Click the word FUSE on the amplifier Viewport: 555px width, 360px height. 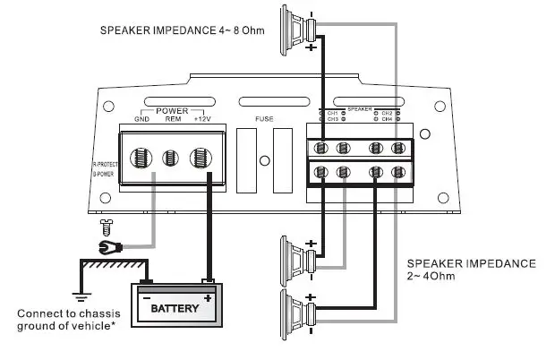coord(266,117)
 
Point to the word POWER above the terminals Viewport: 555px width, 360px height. coord(172,110)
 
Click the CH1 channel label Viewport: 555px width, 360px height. coord(332,113)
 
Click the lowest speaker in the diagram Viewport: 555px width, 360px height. coord(295,313)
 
